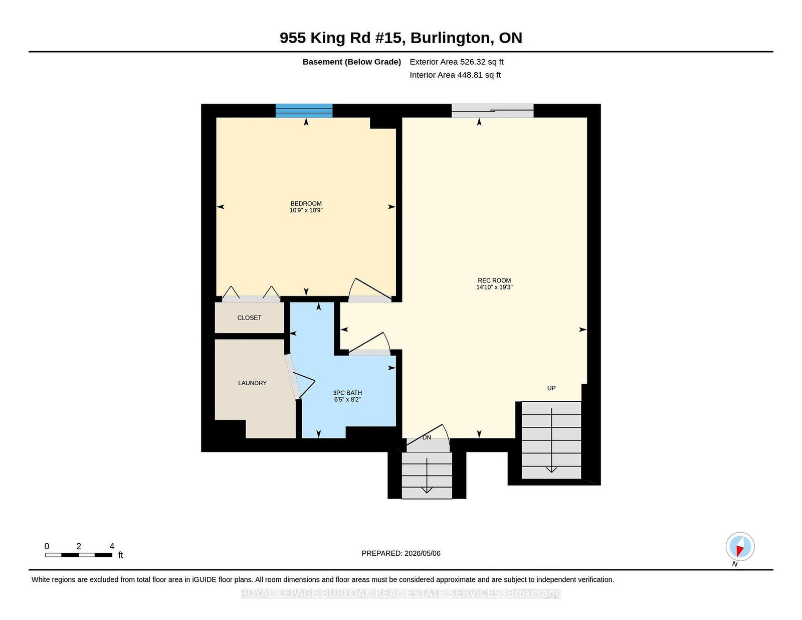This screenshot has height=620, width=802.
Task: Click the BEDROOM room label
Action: point(306,204)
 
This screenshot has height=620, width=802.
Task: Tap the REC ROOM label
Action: point(494,280)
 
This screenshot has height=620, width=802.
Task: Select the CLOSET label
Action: point(250,318)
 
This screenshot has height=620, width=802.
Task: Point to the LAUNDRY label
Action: point(253,383)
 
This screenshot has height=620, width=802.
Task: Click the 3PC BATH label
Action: point(347,393)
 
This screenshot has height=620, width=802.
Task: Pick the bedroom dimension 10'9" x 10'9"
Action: point(306,210)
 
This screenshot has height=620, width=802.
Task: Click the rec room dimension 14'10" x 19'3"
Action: point(494,287)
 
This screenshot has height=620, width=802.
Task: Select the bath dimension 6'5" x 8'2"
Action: point(347,400)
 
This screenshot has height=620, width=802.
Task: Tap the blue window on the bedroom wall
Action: point(304,110)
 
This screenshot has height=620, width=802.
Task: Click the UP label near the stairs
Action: point(551,388)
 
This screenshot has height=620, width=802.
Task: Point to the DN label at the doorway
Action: point(427,437)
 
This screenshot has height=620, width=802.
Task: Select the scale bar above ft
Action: point(79,555)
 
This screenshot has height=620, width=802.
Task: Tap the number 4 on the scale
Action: point(112,546)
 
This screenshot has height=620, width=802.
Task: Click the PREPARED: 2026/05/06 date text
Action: point(401,553)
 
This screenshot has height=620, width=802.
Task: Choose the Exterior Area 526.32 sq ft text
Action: point(457,62)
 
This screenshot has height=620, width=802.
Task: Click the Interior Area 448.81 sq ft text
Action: point(455,75)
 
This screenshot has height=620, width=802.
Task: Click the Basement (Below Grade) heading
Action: point(352,62)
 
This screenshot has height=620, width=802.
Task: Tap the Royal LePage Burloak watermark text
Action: point(401,593)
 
